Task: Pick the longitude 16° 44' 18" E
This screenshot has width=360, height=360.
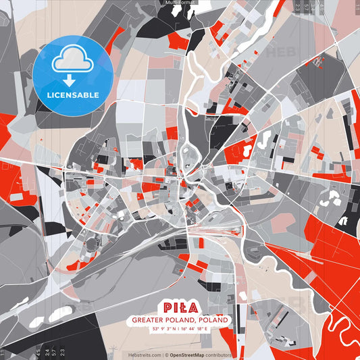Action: (199, 328)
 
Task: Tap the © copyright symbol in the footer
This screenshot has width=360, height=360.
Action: (166, 355)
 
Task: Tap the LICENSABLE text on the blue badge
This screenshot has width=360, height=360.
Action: (72, 94)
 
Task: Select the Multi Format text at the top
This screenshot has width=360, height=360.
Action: (180, 3)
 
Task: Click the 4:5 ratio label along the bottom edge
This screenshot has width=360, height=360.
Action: (46, 351)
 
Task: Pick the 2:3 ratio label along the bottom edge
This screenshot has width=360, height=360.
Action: (62, 351)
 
